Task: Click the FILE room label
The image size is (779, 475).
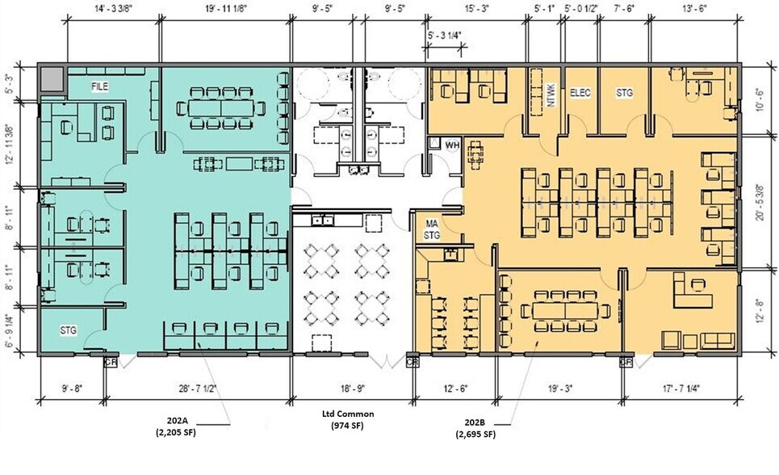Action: click(x=100, y=86)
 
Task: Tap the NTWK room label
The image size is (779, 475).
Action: click(x=551, y=95)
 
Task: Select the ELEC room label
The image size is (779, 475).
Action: click(x=580, y=93)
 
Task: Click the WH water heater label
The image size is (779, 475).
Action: click(x=451, y=145)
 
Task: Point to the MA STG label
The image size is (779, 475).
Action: click(x=432, y=230)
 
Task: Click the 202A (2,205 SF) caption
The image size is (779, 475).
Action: click(x=176, y=428)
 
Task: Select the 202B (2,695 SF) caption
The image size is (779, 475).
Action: click(x=475, y=428)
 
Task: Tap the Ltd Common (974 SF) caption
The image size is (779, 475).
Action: click(x=348, y=419)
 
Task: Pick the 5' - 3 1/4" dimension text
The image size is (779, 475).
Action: click(x=444, y=36)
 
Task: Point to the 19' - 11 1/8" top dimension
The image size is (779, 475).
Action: click(x=225, y=8)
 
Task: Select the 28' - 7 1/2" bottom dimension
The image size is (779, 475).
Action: click(x=197, y=389)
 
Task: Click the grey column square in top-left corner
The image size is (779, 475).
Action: click(x=52, y=80)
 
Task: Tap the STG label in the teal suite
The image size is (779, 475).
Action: click(x=69, y=330)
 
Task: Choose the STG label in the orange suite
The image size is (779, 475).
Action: click(x=625, y=93)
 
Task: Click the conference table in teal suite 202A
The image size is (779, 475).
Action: click(x=221, y=108)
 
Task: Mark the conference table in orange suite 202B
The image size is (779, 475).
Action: click(x=565, y=311)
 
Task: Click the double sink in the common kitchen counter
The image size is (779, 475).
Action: click(x=322, y=220)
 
